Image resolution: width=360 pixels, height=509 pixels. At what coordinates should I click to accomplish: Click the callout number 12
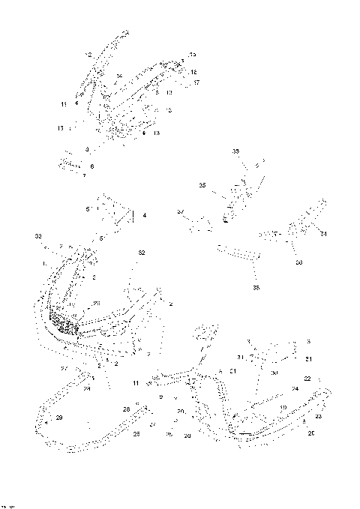point(88,55)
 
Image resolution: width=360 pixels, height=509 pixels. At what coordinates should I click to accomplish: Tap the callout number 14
point(119,76)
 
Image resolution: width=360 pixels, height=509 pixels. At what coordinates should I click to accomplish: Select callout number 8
point(87,150)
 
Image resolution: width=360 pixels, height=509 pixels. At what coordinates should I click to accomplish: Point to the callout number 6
point(91,166)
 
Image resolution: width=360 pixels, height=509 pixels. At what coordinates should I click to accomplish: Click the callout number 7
point(85,175)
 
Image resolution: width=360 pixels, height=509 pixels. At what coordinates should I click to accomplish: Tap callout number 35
point(202,185)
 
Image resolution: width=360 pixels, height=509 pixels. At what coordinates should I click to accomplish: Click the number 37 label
point(180,213)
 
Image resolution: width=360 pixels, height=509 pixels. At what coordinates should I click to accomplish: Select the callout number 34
point(324,235)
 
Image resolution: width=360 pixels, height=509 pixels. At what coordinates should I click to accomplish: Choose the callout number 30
point(274,373)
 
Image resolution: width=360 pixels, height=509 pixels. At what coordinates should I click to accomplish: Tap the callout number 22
point(307,379)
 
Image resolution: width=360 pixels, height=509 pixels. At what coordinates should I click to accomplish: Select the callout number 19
point(283,407)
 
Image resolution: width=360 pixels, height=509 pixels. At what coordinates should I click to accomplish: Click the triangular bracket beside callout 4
point(115,211)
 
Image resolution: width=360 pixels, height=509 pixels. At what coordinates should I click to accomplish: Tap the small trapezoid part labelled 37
point(199,224)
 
